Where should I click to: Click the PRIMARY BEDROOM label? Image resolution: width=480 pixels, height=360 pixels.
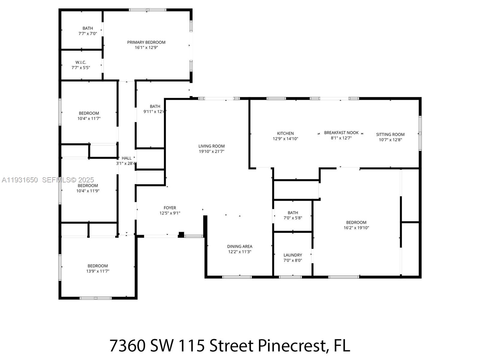point(146,42)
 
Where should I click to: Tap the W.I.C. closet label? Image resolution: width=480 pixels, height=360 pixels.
point(81,62)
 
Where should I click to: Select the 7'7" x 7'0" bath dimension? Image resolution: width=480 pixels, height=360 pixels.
point(88,34)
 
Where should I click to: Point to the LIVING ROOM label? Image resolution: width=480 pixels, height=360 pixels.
point(211,146)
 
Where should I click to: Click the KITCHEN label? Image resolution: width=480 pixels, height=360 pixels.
point(285,133)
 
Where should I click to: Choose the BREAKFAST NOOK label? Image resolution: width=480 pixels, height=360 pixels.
point(341,133)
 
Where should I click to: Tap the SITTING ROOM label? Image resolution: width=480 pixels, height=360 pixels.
point(390,134)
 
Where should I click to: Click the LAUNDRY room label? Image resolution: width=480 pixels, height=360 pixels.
point(292,255)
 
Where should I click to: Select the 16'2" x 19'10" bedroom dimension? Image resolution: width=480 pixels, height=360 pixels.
point(356,228)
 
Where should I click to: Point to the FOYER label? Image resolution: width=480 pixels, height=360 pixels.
point(170,208)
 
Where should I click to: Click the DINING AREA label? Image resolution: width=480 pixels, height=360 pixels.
point(239,246)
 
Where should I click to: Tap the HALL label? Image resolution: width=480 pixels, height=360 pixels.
point(126,158)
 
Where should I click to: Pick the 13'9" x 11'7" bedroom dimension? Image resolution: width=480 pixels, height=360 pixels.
point(97,271)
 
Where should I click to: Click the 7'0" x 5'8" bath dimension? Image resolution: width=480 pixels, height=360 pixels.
point(292,218)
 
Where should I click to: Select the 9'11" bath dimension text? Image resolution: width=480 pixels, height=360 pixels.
point(154,112)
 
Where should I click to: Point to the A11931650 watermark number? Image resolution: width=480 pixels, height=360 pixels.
point(20,180)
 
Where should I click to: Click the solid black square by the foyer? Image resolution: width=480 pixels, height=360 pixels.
point(181,234)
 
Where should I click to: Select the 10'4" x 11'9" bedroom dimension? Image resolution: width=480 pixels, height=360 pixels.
point(88,191)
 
